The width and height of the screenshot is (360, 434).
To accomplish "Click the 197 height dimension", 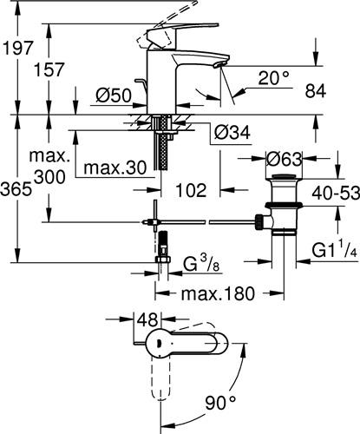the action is [x=18, y=48].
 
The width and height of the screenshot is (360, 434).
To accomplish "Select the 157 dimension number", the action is [x=49, y=69].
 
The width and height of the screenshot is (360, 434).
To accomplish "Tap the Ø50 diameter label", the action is [x=114, y=95].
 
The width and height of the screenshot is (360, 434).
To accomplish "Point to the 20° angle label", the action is [x=273, y=77].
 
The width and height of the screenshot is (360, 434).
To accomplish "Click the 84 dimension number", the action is [x=316, y=91].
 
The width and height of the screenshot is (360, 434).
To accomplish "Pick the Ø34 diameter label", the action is [x=232, y=133].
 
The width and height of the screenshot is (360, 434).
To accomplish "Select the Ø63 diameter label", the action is [x=284, y=159].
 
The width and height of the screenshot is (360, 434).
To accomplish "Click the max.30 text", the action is [x=115, y=168].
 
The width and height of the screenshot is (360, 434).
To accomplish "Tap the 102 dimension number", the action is [x=191, y=190].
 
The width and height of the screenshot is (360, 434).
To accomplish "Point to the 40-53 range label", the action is [x=336, y=193].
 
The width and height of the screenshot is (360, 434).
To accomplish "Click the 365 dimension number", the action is [x=16, y=190].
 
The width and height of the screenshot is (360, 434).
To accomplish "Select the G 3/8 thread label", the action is [x=201, y=264].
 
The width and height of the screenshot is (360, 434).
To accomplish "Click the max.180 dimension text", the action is [x=218, y=293].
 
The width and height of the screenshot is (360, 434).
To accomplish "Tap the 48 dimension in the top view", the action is [x=147, y=319].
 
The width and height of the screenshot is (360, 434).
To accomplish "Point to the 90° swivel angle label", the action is [x=220, y=403].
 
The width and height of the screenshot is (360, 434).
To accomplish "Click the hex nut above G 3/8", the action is [x=163, y=259].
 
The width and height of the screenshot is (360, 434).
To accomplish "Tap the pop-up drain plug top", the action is [x=284, y=176].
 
